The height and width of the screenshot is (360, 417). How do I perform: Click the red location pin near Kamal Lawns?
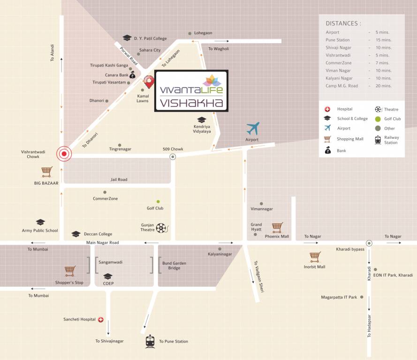[x=149, y=82]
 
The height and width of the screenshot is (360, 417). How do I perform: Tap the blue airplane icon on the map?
[x=253, y=128]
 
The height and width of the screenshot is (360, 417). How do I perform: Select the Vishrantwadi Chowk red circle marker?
[x=64, y=154]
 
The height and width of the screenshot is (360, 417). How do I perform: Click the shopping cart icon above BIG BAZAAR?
[x=46, y=172]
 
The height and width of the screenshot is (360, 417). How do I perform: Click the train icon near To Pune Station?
[x=150, y=341]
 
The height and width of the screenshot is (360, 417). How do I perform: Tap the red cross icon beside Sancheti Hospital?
[x=100, y=320]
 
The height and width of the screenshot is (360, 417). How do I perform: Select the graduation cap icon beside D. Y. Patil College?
[x=127, y=38]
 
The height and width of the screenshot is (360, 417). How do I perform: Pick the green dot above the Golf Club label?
[x=158, y=202]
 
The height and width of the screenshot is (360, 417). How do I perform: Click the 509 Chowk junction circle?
[x=173, y=157]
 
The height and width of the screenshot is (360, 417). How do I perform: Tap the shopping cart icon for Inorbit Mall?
[x=315, y=256]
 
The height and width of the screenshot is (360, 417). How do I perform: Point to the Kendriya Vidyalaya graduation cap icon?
[x=202, y=120]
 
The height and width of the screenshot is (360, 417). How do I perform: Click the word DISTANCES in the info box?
[x=343, y=23]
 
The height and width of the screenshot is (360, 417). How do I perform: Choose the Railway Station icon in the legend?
[x=378, y=140]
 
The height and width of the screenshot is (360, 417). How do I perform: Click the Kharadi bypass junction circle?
[x=369, y=243]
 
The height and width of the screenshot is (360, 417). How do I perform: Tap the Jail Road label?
[x=119, y=180]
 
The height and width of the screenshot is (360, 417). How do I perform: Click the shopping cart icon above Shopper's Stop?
[x=70, y=271]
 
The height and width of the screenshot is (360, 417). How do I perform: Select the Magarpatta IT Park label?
[x=339, y=297]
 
